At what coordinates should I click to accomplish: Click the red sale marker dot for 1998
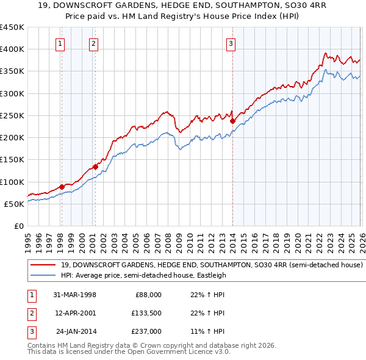[62, 187]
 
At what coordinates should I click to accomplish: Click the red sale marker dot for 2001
[95, 167]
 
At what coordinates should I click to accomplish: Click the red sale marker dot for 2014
[232, 121]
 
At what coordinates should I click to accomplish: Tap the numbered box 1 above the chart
[61, 43]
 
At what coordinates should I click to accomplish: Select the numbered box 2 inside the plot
[93, 43]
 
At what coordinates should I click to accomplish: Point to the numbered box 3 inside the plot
[232, 43]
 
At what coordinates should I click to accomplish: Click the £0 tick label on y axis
[19, 226]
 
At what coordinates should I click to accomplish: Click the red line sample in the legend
[43, 265]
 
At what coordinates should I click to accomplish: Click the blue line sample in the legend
[43, 275]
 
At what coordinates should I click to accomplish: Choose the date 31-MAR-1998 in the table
[76, 295]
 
